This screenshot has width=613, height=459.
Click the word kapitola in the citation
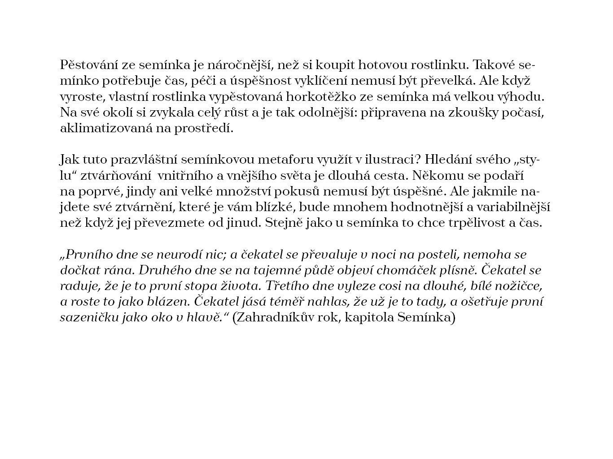373,318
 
